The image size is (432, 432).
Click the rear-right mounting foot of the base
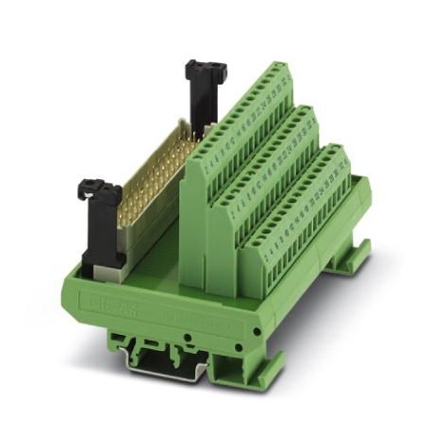[x=359, y=255]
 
